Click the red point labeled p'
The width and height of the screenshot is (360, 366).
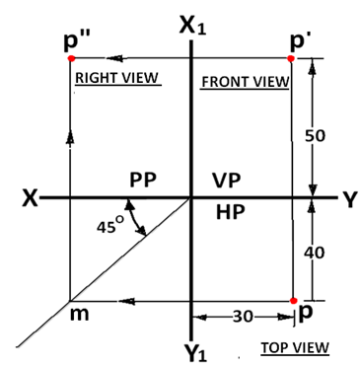point(291,59)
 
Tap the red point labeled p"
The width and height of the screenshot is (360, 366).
point(70,59)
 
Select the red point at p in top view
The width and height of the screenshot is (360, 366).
point(293,300)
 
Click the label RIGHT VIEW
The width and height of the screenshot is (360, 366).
point(117,78)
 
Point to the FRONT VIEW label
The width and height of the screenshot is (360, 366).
point(244,81)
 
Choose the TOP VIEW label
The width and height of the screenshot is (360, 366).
point(295,348)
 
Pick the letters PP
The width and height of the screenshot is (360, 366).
point(145,182)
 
